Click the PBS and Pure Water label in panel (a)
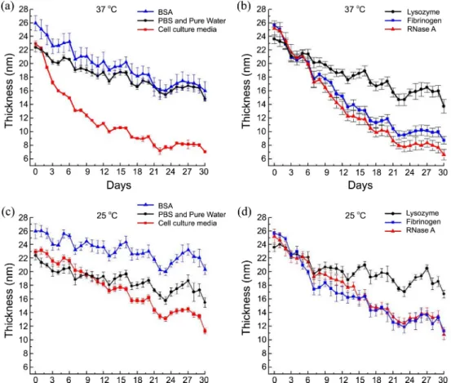pos(192,20)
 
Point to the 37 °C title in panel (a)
pos(106,9)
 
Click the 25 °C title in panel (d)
pos(356,215)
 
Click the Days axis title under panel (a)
pos(119,185)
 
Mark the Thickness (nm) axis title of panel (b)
pos(246,91)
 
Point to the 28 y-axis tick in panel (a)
pos(24,9)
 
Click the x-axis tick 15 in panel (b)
pos(360,172)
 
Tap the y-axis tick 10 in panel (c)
pos(24,340)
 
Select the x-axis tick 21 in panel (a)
pos(154,171)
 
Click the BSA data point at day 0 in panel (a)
pos(35,23)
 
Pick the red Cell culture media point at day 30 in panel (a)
pos(205,151)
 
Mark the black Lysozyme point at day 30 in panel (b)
pos(444,106)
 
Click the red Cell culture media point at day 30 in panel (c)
pos(205,332)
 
